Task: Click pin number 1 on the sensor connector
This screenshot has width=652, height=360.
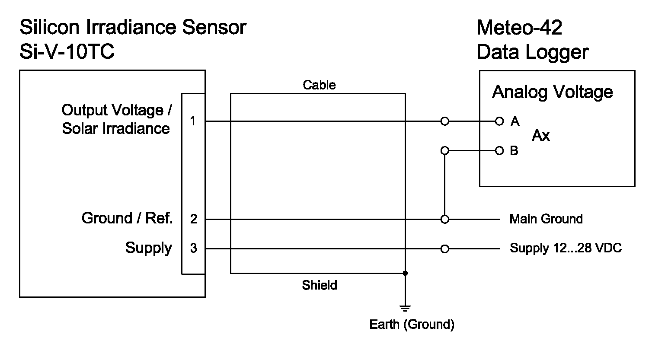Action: [x=193, y=121]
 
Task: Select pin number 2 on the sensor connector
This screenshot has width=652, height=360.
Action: [x=193, y=220]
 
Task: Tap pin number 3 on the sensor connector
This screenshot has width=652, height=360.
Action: [x=193, y=248]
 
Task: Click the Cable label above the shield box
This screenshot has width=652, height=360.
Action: [x=319, y=85]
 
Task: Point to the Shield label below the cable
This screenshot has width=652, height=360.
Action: [x=319, y=285]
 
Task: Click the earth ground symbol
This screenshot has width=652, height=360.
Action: [x=405, y=308]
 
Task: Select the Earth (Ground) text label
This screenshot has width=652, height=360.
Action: [x=412, y=325]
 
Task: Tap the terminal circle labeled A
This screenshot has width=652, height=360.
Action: [x=499, y=121]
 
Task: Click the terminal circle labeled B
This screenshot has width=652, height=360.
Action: [x=499, y=151]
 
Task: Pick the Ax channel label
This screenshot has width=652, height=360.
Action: [x=540, y=136]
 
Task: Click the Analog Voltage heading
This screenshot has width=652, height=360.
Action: [x=552, y=92]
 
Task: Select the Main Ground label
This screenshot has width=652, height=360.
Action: [x=546, y=219]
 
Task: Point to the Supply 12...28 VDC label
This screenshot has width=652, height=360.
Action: [x=566, y=248]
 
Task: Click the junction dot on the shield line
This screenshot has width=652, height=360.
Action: [x=405, y=273]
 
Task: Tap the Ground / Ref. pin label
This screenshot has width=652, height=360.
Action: [x=127, y=218]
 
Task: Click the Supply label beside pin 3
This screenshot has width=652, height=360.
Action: [x=148, y=248]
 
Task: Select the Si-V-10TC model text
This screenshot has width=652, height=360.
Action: [x=67, y=52]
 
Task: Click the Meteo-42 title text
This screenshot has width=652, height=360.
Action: [x=519, y=28]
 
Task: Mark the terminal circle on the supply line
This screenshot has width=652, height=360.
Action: [x=444, y=249]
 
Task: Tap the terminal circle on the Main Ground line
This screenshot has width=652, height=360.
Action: [x=444, y=220]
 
